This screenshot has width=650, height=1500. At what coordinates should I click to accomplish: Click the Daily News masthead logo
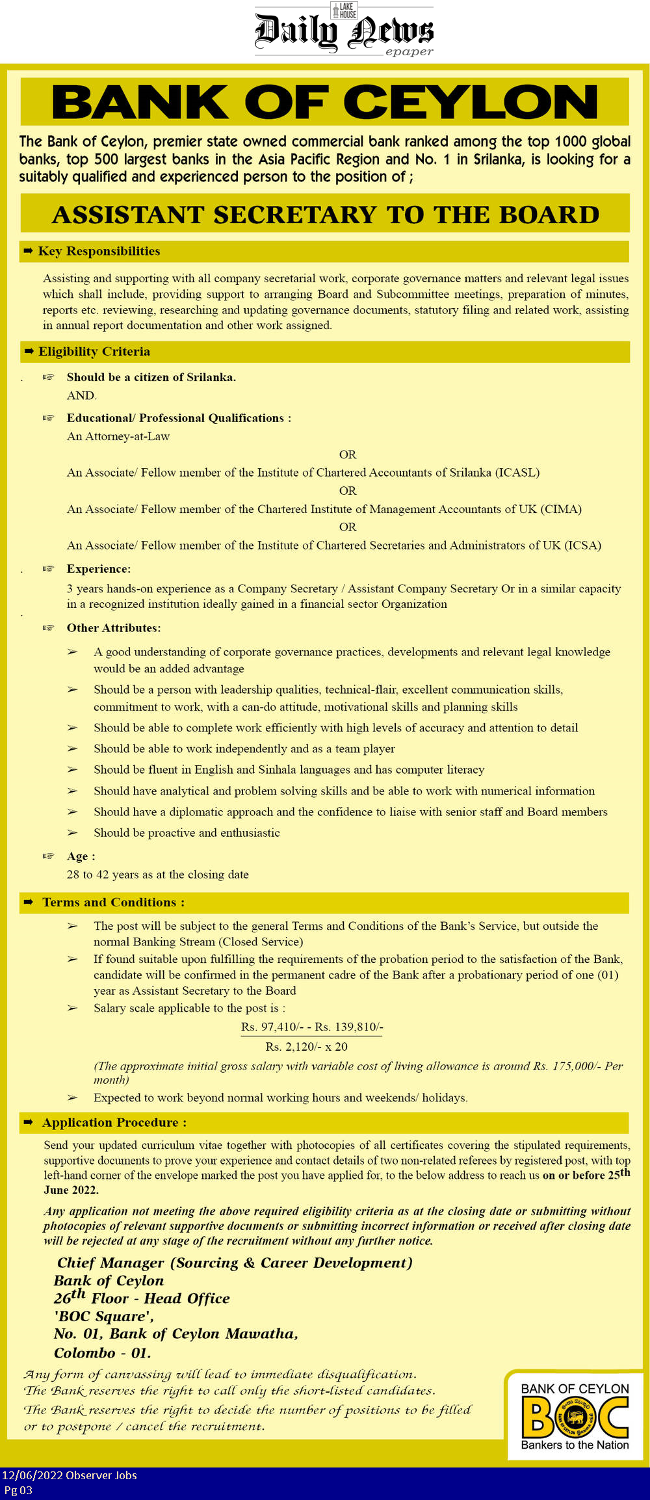pos(344,31)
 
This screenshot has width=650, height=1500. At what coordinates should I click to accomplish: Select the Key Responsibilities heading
pos(99,251)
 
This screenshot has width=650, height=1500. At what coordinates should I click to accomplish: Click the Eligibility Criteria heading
pos(94,351)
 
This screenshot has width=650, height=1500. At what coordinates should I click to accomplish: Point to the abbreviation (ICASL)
pos(517,473)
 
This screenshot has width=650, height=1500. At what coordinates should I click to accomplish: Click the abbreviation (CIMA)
pos(560,509)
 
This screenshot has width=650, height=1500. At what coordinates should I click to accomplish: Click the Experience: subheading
pos(98,569)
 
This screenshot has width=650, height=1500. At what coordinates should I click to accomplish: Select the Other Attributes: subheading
pos(113,628)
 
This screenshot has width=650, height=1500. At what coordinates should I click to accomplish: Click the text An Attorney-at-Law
pos(118,436)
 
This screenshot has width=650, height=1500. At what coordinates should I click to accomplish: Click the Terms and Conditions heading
pos(113,902)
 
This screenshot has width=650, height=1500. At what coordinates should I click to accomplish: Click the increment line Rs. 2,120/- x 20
pos(306,1047)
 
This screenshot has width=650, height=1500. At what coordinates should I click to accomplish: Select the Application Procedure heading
pos(114,1122)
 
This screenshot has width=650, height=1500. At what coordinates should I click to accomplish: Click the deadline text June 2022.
pos(71,1190)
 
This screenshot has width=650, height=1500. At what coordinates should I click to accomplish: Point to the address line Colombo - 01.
pos(102,1353)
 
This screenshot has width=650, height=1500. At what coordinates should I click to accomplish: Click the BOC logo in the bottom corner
pos(575,1417)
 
